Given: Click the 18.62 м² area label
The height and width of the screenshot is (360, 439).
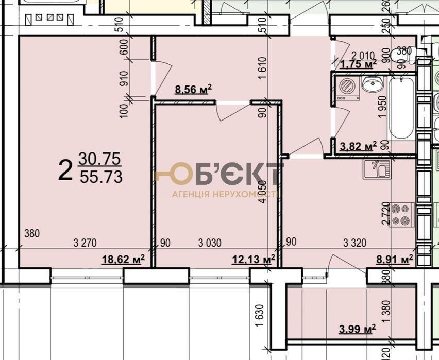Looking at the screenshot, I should (123, 259).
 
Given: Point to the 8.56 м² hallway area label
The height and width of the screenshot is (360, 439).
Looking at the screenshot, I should (194, 90).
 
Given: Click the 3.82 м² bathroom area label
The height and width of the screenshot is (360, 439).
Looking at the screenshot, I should (356, 147).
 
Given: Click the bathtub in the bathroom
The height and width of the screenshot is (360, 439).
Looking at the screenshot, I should (401, 108).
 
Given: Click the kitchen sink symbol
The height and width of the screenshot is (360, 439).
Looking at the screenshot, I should (375, 169).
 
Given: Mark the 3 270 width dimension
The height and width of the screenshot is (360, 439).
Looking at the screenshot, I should (86, 243).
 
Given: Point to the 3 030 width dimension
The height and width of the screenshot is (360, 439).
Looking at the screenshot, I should (211, 243).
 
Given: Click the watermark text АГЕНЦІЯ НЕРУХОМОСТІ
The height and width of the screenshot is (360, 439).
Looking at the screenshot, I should (225, 195).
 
